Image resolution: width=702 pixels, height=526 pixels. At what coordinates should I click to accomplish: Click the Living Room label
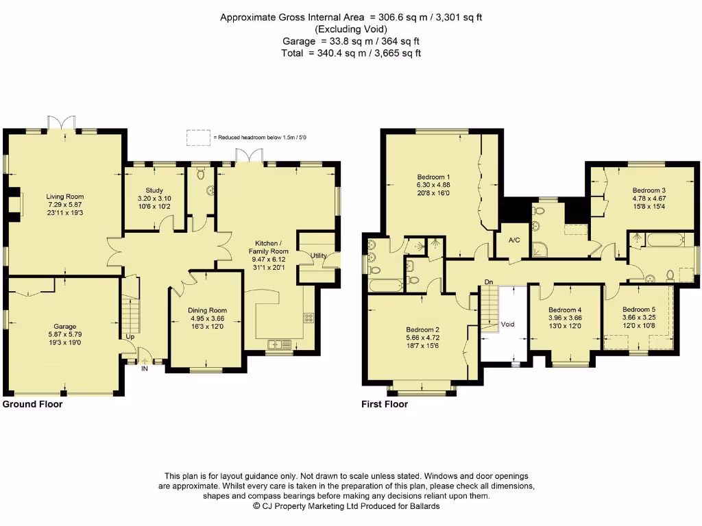click(x=65, y=197)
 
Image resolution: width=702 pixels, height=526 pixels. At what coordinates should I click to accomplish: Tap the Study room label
click(x=154, y=190)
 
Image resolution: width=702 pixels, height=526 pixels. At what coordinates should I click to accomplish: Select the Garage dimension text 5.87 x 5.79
click(x=65, y=334)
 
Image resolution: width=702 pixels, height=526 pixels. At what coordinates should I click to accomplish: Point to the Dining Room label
click(x=207, y=310)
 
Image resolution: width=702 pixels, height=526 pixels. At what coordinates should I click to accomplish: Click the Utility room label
click(x=318, y=256)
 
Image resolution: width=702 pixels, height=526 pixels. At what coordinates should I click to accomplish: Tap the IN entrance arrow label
click(x=145, y=368)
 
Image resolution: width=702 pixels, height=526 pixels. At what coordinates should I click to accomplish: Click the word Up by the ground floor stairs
click(x=130, y=337)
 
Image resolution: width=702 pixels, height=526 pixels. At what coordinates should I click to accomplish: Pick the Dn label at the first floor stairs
click(x=488, y=281)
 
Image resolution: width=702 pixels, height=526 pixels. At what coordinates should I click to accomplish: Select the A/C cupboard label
click(x=514, y=240)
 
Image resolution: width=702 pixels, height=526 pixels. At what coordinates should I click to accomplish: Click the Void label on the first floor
click(x=507, y=324)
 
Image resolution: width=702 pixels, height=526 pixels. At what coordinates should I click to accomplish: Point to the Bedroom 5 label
click(x=639, y=310)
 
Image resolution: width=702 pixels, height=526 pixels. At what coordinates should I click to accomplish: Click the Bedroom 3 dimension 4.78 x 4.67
click(x=649, y=198)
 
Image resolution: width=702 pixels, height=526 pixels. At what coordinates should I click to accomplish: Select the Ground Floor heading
click(x=32, y=404)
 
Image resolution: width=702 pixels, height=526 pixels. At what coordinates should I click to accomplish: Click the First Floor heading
click(x=385, y=404)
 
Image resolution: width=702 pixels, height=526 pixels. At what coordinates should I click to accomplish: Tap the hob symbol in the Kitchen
click(x=309, y=318)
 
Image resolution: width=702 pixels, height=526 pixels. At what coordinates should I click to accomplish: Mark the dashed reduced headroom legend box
click(x=198, y=137)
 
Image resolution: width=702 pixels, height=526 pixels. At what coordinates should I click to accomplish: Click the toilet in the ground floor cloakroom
click(x=201, y=172)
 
